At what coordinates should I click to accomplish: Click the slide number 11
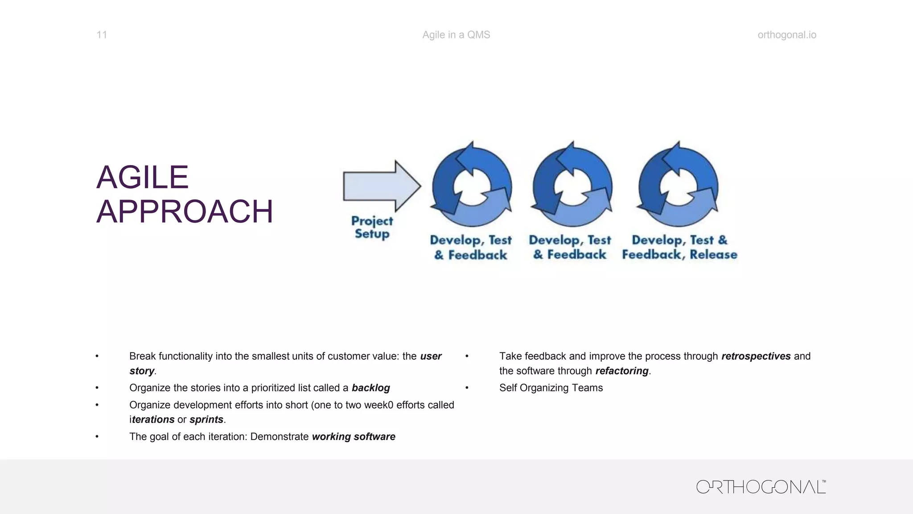pos(102,35)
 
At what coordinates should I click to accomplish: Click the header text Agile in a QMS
pos(456,35)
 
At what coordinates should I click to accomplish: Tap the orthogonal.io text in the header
pos(787,35)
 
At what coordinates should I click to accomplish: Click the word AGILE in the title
pos(143,178)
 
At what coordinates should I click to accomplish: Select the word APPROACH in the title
pos(185,211)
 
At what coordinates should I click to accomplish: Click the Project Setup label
pos(372,228)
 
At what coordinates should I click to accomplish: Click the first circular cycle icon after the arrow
pos(472,185)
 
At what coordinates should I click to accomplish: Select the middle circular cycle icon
pos(572,185)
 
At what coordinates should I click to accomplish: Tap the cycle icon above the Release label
pos(678,185)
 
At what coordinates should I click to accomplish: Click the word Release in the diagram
pos(713,255)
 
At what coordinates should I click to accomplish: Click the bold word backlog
pos(370,388)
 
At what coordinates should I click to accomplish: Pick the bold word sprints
pos(206,419)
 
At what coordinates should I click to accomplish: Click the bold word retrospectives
pos(756,356)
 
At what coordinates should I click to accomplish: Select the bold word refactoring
pos(621,371)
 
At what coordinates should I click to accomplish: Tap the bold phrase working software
pos(354,436)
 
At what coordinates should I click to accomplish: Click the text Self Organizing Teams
pos(551,388)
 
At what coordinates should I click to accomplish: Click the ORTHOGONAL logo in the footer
pos(761,487)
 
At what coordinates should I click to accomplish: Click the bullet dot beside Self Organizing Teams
pos(467,388)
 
